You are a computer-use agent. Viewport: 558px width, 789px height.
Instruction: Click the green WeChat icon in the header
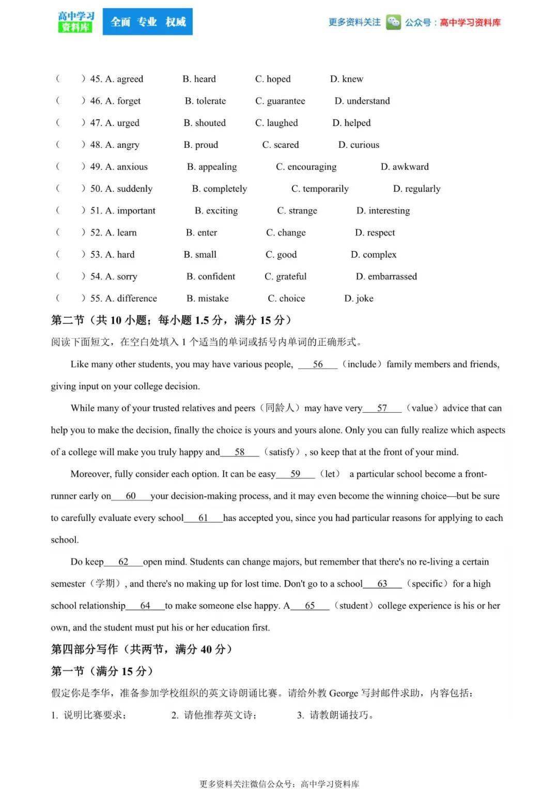click(393, 22)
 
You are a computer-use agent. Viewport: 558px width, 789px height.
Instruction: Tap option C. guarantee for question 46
click(280, 101)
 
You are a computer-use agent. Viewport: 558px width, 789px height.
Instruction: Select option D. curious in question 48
click(359, 145)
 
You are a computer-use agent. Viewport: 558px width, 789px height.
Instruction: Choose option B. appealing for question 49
click(212, 166)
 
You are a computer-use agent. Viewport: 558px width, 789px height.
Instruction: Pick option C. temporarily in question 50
click(320, 189)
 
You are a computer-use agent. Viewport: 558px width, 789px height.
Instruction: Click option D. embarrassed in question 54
click(386, 276)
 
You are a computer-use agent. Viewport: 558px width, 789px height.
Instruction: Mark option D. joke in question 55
click(359, 298)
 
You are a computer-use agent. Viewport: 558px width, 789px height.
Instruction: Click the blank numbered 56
click(318, 364)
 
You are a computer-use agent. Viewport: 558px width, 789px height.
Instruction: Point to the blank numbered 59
click(295, 474)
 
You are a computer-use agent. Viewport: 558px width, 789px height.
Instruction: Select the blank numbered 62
click(123, 562)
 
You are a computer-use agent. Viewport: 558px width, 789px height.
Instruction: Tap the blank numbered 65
click(309, 606)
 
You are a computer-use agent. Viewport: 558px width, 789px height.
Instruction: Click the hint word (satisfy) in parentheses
click(282, 452)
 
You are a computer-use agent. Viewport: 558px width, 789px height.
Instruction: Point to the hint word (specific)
click(427, 583)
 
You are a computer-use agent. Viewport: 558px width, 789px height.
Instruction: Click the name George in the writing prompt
click(344, 693)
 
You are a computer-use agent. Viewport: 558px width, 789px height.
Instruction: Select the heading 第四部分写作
click(85, 649)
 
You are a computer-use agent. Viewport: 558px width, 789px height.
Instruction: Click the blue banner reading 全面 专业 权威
click(148, 22)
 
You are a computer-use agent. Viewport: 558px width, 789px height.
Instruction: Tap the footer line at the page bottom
click(279, 783)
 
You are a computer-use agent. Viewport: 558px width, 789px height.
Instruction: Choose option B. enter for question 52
click(202, 233)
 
